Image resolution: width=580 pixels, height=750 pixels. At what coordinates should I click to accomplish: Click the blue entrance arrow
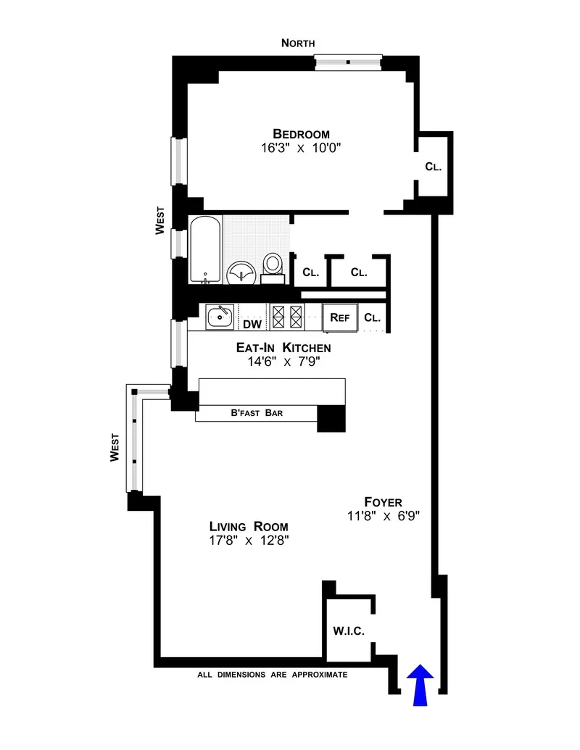pos(420,685)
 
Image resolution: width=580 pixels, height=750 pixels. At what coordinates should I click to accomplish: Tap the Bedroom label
pos(301,134)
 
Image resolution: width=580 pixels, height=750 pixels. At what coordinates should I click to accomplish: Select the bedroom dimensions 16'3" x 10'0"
pos(301,148)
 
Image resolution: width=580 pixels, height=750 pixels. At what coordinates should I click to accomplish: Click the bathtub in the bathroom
pos(204,251)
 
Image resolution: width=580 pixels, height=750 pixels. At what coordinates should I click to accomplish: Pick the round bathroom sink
pos(241,274)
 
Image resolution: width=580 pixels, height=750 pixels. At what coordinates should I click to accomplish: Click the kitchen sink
pos(220,316)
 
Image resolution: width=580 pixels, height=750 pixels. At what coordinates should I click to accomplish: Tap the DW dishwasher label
pos(252,324)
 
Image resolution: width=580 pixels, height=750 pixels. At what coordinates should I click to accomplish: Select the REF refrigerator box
pos(340,317)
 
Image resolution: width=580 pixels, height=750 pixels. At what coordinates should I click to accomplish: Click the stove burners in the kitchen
pos(286,317)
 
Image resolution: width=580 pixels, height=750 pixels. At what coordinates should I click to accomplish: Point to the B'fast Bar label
pos(257,414)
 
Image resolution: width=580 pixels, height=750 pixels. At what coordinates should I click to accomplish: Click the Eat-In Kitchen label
pos(283,348)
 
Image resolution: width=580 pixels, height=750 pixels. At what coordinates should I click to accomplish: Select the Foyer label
pos(384,501)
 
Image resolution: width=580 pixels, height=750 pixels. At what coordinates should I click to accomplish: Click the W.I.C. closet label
pos(349,630)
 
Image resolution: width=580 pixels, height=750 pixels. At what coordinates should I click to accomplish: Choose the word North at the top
pos(299,43)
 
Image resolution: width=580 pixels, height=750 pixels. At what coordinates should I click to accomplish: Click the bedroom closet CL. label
pos(434,167)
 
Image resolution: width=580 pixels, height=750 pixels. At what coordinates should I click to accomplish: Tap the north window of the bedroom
pos(349,63)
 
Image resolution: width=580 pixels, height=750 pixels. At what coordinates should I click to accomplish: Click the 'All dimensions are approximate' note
pos(273,675)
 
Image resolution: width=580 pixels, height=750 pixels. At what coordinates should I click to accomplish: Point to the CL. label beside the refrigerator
pos(373,317)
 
